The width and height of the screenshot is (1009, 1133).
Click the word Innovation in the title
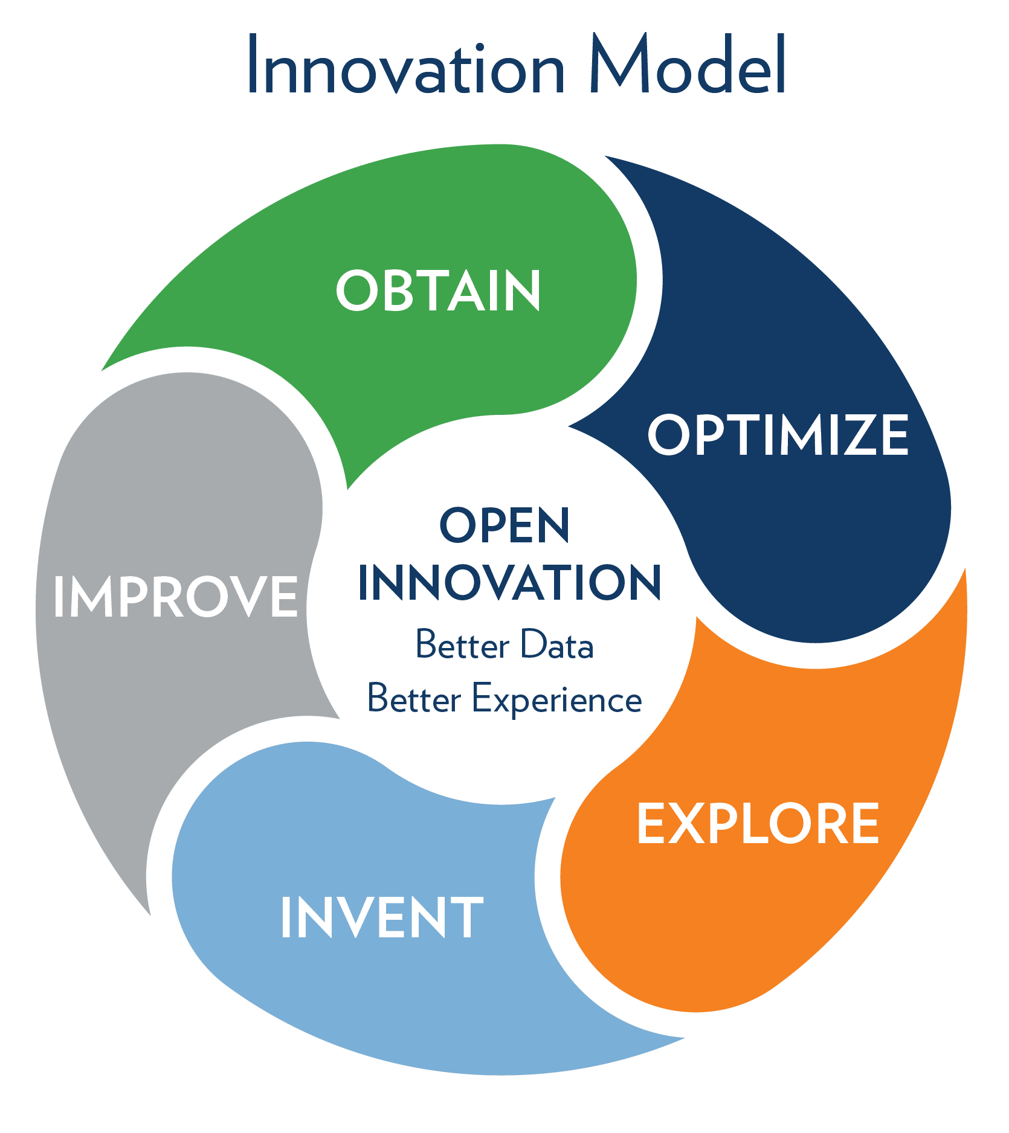pyautogui.click(x=406, y=64)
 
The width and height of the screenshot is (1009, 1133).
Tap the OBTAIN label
pyautogui.click(x=438, y=290)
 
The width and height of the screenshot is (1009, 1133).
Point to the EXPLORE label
pyautogui.click(x=758, y=823)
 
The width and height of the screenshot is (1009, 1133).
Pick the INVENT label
pyautogui.click(x=382, y=917)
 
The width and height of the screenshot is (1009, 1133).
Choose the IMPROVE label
pyautogui.click(x=176, y=596)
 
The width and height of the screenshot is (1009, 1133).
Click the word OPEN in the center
pyautogui.click(x=504, y=525)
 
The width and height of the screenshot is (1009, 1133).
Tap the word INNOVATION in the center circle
pyautogui.click(x=510, y=582)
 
